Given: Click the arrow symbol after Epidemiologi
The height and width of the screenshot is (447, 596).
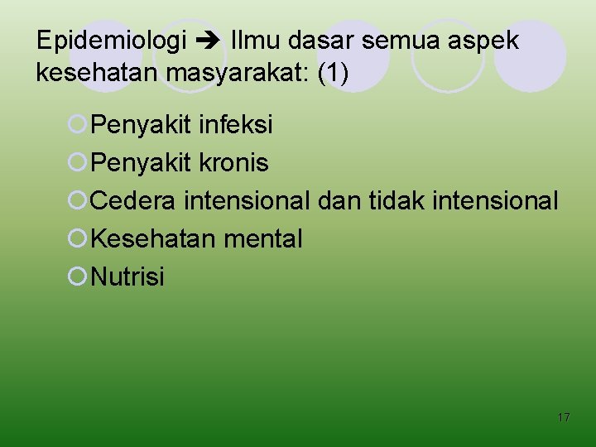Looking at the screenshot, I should tap(208, 41).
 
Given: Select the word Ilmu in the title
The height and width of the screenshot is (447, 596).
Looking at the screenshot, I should tap(257, 40).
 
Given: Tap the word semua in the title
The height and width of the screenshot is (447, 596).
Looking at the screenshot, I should tap(409, 40).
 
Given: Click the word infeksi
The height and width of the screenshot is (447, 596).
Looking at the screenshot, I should tap(237, 125).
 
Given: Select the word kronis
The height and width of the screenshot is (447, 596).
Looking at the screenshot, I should tap(234, 163).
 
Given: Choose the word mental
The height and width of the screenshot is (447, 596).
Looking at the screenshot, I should tap(264, 239).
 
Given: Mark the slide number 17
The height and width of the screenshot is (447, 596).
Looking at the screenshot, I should tap(563, 418).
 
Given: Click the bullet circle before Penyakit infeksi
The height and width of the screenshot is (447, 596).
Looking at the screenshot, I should tap(77, 125).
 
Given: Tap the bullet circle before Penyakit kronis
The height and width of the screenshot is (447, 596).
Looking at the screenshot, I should tap(77, 163).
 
